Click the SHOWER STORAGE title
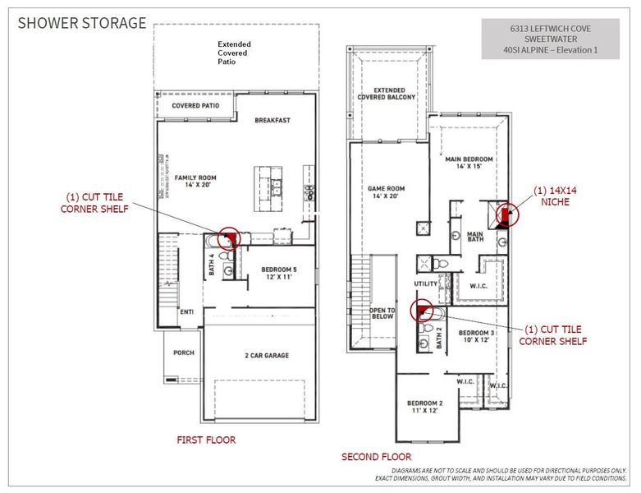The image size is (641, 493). [x=82, y=23]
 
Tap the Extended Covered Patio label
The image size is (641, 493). [x=234, y=53]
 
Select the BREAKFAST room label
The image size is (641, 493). [x=272, y=120]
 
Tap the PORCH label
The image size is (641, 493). [x=183, y=354]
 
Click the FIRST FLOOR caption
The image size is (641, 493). [x=206, y=440]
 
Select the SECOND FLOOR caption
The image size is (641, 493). [x=376, y=457]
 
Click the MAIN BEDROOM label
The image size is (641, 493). [x=468, y=162]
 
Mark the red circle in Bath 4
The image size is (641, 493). [x=228, y=239]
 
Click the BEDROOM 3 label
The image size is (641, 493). [x=476, y=336]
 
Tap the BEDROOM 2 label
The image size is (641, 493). [x=425, y=407]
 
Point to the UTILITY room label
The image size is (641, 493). [x=426, y=283]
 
